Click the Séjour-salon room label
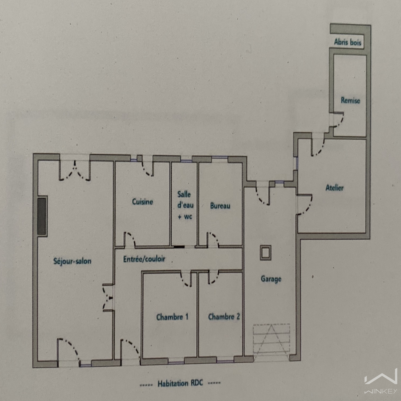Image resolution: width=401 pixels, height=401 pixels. (72, 261)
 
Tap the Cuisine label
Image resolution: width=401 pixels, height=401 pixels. (142, 202)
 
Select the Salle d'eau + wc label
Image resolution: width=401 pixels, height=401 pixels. (185, 205)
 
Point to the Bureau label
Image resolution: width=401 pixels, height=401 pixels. (220, 206)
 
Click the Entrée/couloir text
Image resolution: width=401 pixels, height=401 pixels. (144, 259)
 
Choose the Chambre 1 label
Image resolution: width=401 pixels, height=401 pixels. (172, 317)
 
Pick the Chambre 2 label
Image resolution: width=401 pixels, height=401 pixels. (224, 317)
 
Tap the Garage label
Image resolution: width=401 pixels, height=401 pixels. (271, 279)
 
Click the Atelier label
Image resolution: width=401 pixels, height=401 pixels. (334, 188)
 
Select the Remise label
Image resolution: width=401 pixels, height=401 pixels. (350, 101)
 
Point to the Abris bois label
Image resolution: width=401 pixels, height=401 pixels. (348, 42)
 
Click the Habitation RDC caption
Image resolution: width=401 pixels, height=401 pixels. (180, 383)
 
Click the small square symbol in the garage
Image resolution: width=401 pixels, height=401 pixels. (265, 252)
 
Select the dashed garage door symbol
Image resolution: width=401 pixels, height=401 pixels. (271, 342)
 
